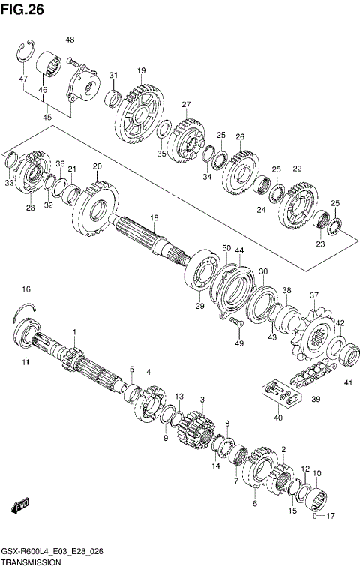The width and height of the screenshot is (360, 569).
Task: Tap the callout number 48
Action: pos(70,40)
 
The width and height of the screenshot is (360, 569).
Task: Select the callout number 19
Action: pos(140,70)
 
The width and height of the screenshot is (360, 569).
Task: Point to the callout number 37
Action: pos(314,295)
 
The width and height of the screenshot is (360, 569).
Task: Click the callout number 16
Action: pos(26,289)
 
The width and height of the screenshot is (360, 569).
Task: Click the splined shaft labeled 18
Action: pos(146,240)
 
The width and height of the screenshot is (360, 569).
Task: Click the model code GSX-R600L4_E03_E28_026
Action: pos(52,551)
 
